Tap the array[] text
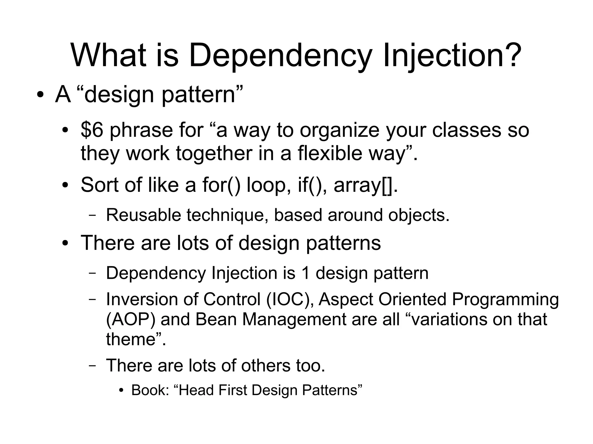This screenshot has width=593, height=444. click(363, 186)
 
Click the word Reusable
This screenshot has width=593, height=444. click(144, 215)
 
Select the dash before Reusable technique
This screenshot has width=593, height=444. click(92, 215)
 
